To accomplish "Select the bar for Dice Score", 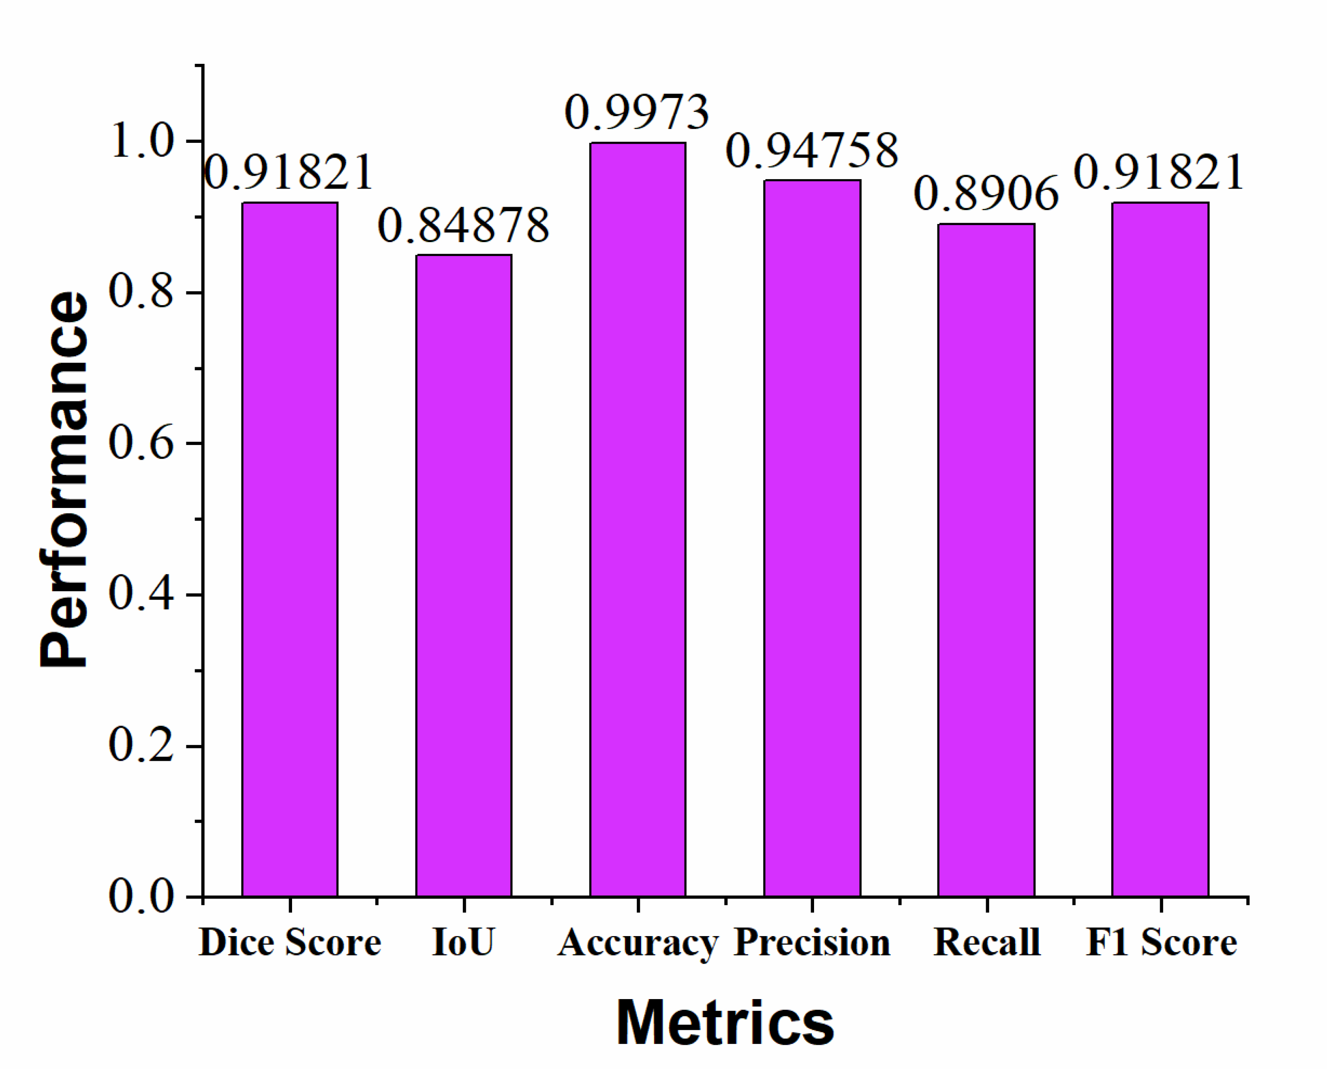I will (x=289, y=549).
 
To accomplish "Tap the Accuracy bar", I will (x=638, y=519).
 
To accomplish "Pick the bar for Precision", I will (x=812, y=538).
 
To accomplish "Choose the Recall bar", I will (x=986, y=560).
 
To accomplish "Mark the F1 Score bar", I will (x=1160, y=549).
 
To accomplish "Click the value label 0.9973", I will (x=637, y=113).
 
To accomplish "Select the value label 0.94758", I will (x=812, y=151).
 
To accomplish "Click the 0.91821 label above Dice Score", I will (x=288, y=173).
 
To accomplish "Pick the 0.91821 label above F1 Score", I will (x=1160, y=173).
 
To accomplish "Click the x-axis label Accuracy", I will (x=638, y=943).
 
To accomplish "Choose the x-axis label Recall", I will (x=987, y=942).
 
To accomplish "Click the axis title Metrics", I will (x=725, y=1023).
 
